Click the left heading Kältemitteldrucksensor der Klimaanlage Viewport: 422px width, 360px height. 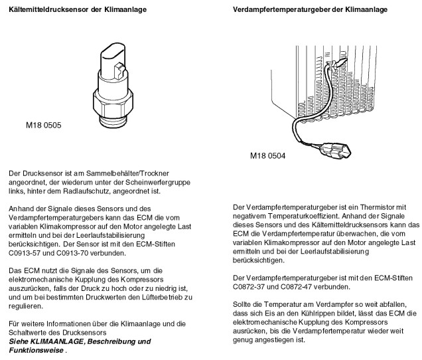(76, 10)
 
